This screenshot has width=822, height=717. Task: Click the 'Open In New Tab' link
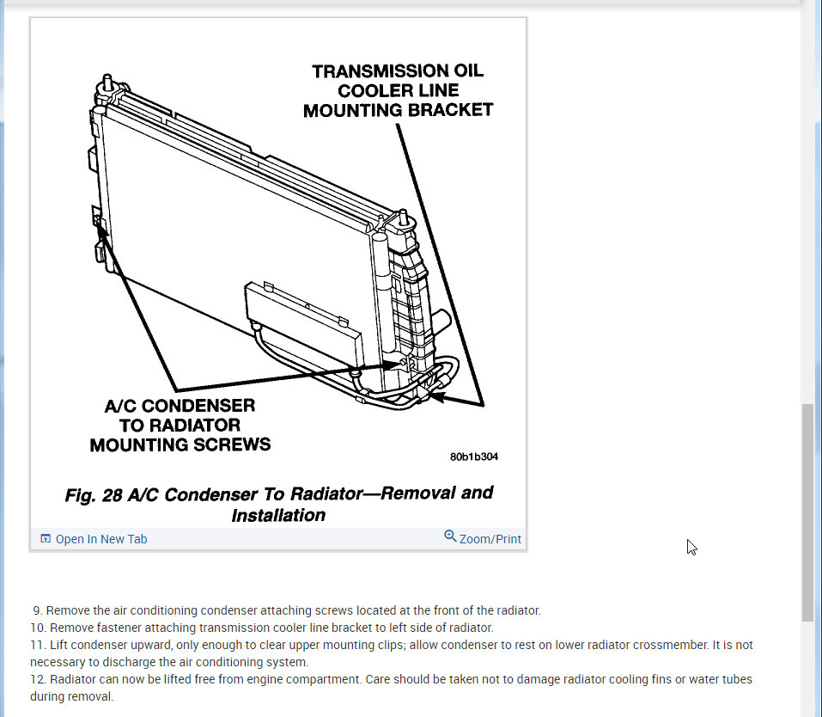[101, 539]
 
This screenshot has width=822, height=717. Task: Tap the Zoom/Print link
[490, 539]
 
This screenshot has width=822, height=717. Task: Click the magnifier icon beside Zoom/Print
[450, 536]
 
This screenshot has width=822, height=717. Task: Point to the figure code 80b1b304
[473, 457]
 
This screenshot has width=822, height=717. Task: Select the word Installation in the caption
[278, 515]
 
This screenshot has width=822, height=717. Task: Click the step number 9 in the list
[37, 610]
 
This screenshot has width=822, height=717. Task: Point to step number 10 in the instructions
[36, 628]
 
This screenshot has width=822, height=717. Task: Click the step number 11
[36, 645]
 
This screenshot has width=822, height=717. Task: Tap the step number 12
[36, 679]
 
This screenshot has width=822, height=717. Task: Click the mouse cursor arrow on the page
[691, 547]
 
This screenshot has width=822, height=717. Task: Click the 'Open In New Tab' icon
[46, 539]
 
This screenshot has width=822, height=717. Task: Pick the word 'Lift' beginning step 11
[58, 645]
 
